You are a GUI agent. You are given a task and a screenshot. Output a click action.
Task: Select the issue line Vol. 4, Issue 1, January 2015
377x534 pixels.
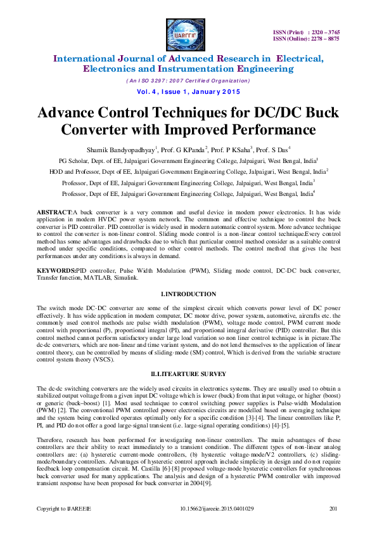pos(188,91)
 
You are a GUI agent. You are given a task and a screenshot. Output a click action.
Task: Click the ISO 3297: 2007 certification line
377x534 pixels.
pos(188,81)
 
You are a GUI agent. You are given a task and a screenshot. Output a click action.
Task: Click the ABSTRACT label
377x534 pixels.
pos(54,211)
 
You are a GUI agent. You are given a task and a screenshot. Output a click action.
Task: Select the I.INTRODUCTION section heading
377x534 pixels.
pos(188,294)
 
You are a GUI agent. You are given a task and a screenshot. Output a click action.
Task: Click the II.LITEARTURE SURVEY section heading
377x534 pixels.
pos(188,374)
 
